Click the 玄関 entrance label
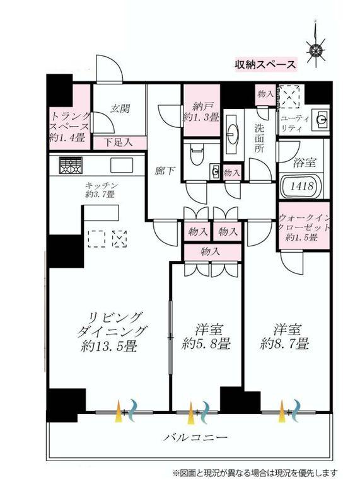[x=120, y=108]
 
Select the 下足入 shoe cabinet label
[x=118, y=141]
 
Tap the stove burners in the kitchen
[x=71, y=166]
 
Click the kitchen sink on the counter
[x=122, y=165]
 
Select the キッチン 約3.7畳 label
[x=99, y=190]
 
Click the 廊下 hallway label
[x=165, y=170]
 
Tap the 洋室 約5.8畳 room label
[x=206, y=336]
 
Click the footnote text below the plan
[x=255, y=472]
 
